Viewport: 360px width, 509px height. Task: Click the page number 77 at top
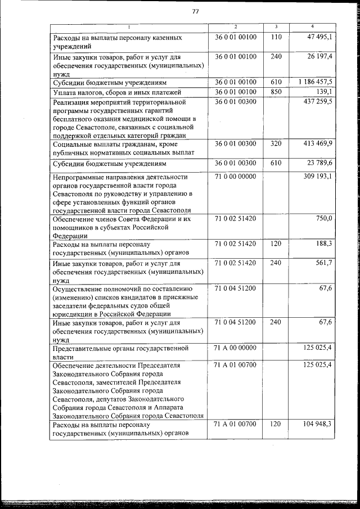click(195, 11)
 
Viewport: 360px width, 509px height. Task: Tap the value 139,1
click(324, 92)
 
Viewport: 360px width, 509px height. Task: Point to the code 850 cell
click(276, 92)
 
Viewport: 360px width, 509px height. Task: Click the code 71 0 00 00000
click(236, 177)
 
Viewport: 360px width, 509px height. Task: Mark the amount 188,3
click(325, 244)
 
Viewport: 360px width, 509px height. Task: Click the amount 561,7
click(325, 263)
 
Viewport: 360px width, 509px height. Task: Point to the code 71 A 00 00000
click(236, 348)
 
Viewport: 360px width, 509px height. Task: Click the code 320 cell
click(276, 144)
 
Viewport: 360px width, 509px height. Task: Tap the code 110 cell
click(276, 37)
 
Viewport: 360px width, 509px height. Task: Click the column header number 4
click(312, 27)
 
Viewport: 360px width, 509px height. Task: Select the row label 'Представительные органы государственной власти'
click(125, 352)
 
